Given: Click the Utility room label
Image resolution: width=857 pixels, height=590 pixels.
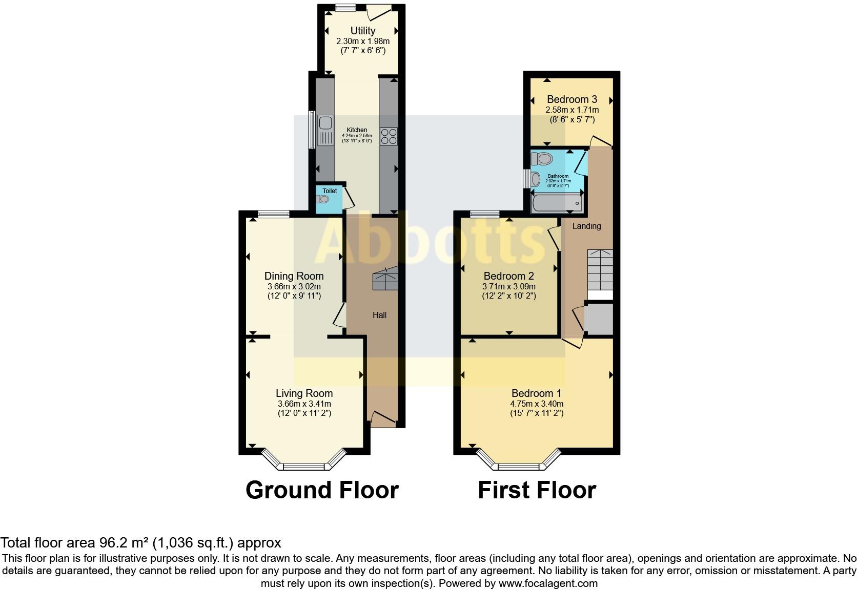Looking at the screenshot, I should click(x=362, y=31).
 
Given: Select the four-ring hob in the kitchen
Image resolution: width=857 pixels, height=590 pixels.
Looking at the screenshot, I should click(x=389, y=136).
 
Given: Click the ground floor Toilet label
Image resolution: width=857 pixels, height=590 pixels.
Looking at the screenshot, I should click(x=330, y=191).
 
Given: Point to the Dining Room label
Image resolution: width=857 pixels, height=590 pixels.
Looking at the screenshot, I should click(x=294, y=276).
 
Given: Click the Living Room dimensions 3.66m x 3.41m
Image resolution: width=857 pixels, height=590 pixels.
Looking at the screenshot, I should click(x=304, y=404).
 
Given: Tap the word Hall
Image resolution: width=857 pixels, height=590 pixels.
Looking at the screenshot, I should click(x=379, y=315).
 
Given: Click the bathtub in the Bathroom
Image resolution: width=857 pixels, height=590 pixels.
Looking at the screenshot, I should click(x=557, y=204).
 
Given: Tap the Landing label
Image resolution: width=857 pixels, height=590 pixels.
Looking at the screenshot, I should click(x=586, y=226).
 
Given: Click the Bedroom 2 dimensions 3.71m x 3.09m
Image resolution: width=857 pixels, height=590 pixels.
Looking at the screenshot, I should click(x=508, y=287).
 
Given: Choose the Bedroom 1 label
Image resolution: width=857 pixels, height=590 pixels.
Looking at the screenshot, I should click(x=536, y=393).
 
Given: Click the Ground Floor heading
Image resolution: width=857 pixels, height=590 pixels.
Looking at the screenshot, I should click(x=322, y=490).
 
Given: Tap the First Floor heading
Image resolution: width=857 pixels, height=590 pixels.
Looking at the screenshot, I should click(x=537, y=490).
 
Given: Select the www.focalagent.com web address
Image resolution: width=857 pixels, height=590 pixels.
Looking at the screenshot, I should click(x=547, y=583).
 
